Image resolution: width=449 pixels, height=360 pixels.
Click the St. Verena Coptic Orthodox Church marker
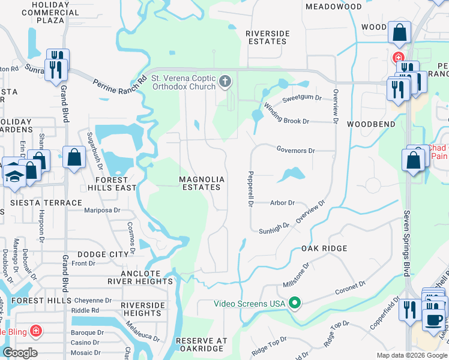click(225, 81)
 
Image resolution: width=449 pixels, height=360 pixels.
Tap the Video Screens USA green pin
click(294, 303)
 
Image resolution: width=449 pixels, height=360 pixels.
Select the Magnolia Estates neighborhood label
click(202, 184)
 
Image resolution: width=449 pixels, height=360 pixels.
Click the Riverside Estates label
click(267, 37)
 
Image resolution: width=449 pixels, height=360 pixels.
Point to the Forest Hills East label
click(112, 184)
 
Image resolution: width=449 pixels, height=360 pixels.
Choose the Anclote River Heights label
click(140, 277)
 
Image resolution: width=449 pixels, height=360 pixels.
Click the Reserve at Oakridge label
click(202, 344)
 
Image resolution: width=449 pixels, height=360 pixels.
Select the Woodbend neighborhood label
click(370, 124)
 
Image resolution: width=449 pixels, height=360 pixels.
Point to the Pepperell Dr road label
click(249, 189)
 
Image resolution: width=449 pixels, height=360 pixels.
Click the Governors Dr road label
click(295, 150)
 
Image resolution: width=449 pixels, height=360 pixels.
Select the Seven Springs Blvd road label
click(407, 240)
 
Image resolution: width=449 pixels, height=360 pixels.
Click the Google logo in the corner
click(20, 352)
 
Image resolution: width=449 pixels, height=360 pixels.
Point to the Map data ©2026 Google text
click(411, 355)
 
